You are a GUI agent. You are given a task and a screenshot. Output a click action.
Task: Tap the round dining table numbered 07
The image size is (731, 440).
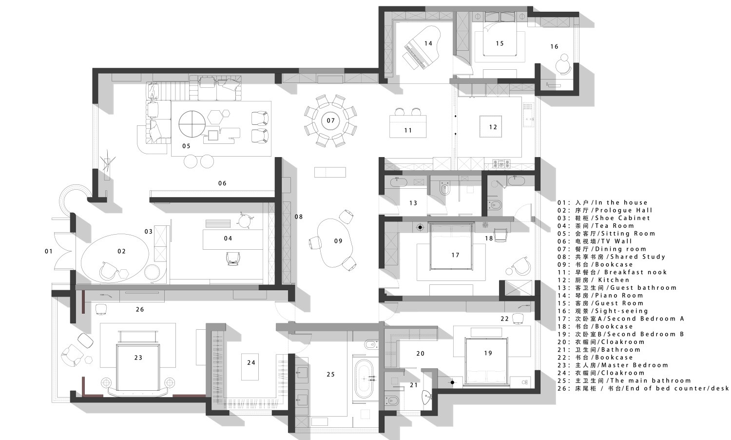pyautogui.click(x=330, y=120)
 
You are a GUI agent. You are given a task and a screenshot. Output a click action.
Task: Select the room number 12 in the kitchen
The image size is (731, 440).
pyautogui.click(x=493, y=127)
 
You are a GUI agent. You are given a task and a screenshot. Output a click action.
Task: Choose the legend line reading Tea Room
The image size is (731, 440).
pyautogui.click(x=596, y=226)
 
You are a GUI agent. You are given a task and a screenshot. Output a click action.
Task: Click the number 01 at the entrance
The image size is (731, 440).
pyautogui.click(x=49, y=251)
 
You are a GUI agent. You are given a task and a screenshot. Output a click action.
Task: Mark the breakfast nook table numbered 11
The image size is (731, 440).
pyautogui.click(x=408, y=126)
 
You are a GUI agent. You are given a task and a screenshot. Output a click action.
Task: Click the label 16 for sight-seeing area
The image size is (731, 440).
pyautogui.click(x=554, y=47)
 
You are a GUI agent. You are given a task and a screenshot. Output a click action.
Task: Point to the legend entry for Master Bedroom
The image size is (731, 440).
pyautogui.click(x=613, y=365)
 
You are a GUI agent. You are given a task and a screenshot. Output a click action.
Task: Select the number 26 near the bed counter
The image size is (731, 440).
pyautogui.click(x=140, y=309)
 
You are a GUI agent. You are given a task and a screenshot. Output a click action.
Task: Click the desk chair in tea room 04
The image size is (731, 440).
pyautogui.click(x=232, y=258)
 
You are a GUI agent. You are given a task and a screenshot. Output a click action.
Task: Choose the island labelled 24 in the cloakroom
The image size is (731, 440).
pyautogui.click(x=250, y=366)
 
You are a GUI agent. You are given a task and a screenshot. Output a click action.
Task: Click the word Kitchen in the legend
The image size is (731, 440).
pyautogui.click(x=614, y=280)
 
